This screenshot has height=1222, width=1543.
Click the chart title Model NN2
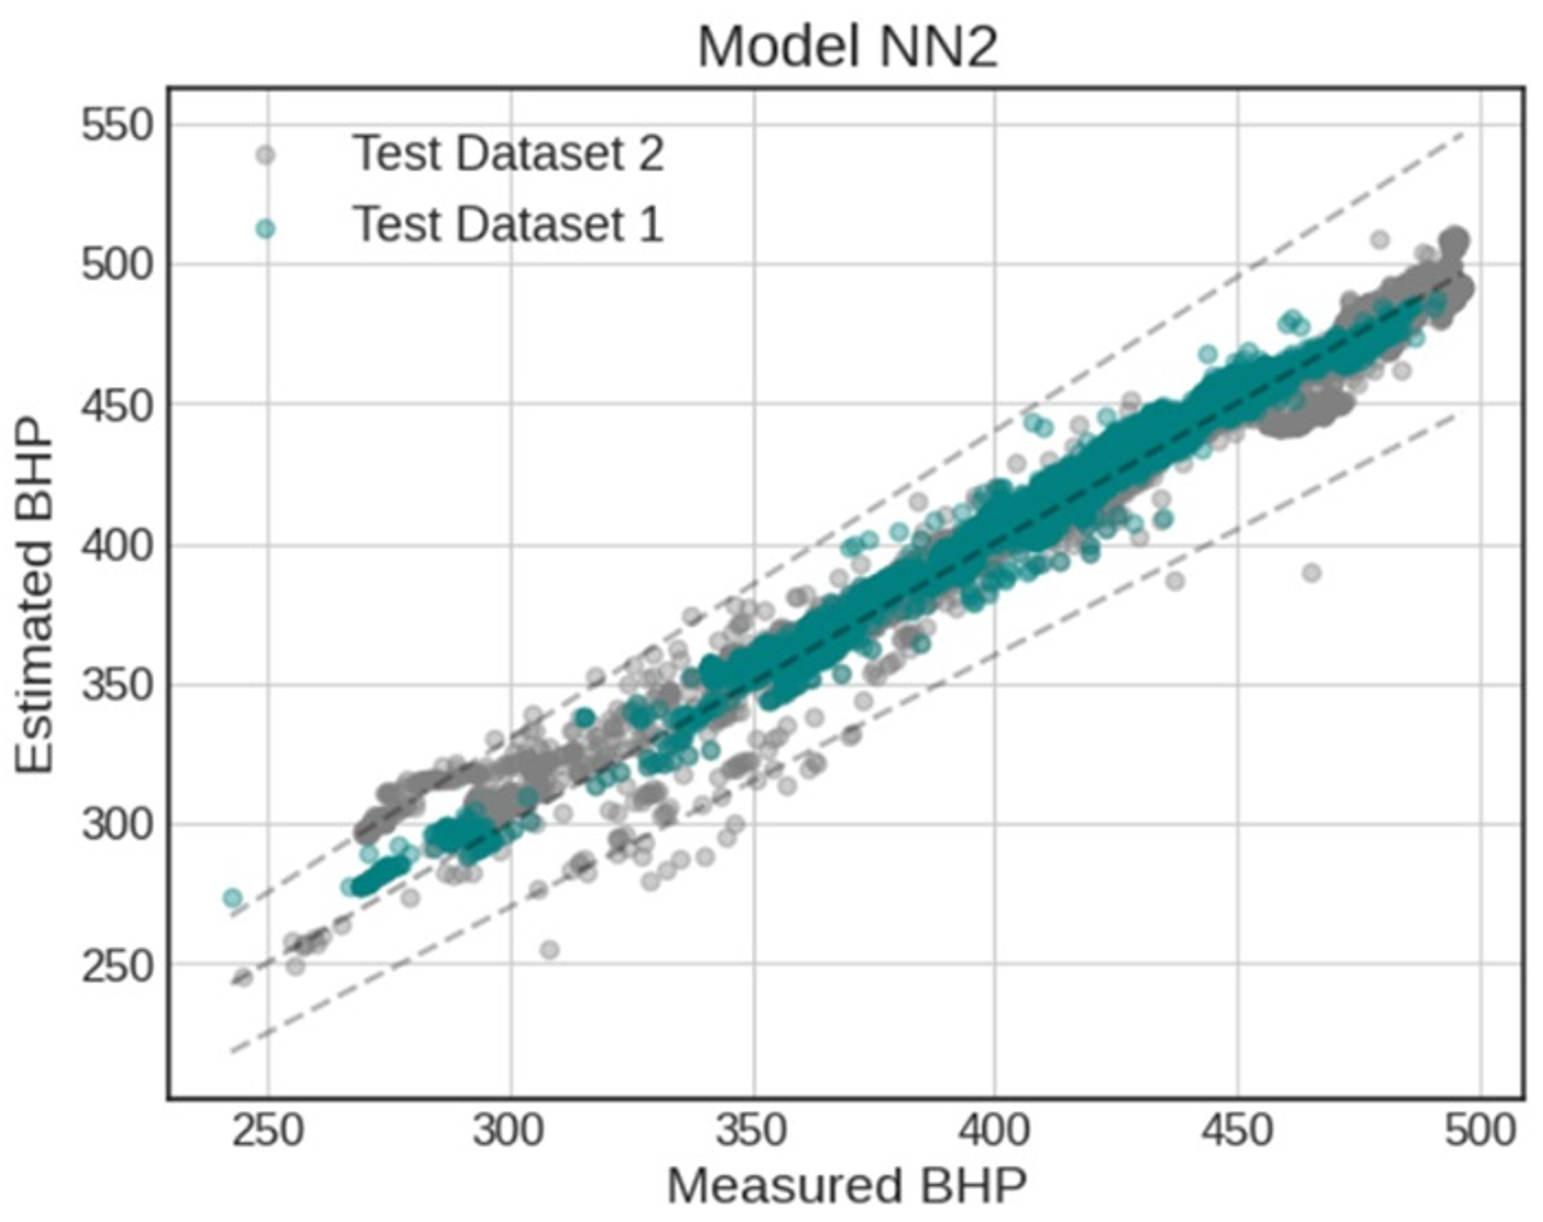pos(847,47)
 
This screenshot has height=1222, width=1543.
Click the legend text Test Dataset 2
pos(509,153)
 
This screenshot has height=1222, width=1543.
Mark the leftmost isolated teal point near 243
pos(232,897)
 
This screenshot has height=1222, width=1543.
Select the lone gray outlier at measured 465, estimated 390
pos(1312,572)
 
